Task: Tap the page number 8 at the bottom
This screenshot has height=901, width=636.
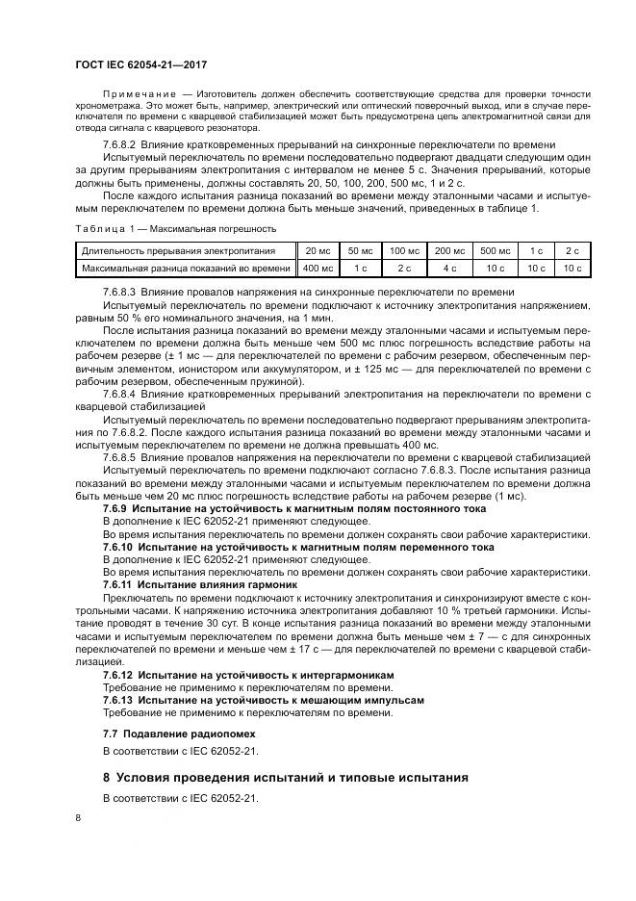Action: [78, 816]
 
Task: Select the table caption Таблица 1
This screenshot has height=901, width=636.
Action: [98, 229]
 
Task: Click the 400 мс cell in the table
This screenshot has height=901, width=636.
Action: [317, 267]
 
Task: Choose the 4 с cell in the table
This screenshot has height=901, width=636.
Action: [448, 267]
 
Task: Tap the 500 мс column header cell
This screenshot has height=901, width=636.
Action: [495, 250]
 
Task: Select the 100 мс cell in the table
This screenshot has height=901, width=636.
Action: [403, 250]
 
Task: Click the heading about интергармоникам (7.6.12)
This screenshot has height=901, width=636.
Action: [248, 675]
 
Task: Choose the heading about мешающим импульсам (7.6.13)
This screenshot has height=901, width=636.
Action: [263, 700]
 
